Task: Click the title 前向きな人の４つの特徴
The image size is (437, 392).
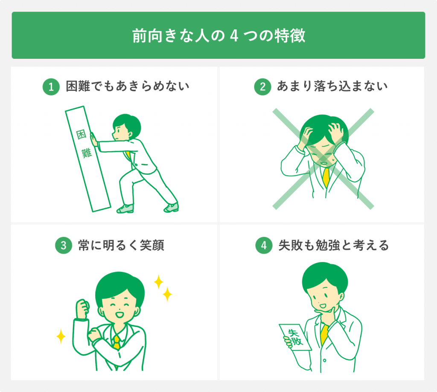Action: pyautogui.click(x=218, y=36)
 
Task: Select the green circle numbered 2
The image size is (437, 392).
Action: pyautogui.click(x=262, y=87)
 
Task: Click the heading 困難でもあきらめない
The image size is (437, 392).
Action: pyautogui.click(x=127, y=87)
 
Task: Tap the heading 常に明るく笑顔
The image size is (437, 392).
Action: pyautogui.click(x=121, y=246)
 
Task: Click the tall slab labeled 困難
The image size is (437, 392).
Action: pyautogui.click(x=87, y=157)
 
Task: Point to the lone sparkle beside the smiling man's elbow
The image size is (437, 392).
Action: pyautogui.click(x=61, y=337)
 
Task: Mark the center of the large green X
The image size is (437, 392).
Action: pyautogui.click(x=323, y=159)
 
